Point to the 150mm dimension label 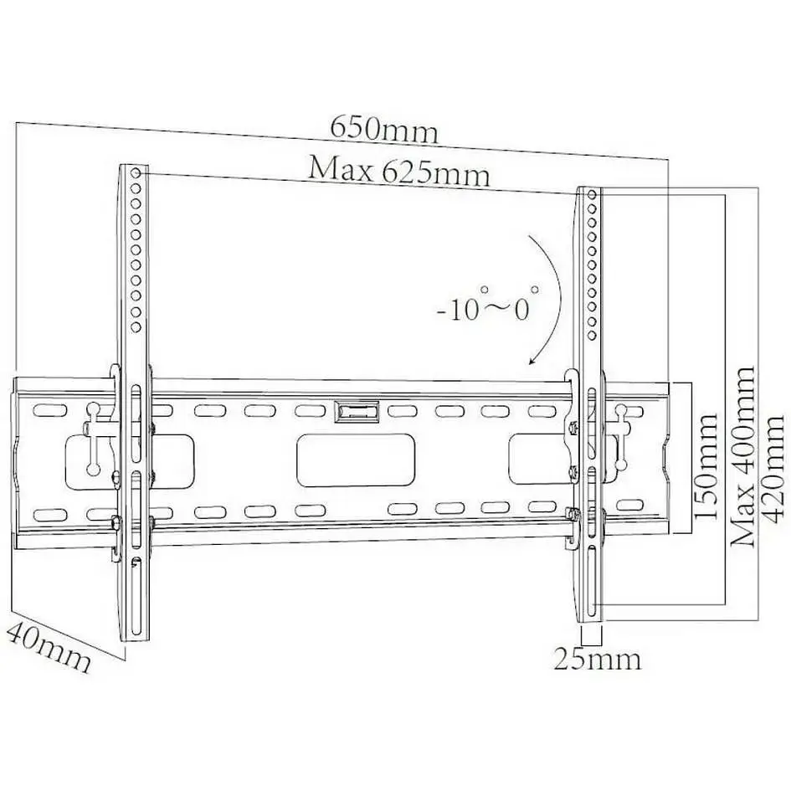[x=705, y=466]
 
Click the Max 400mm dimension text [x=742, y=456]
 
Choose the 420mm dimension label [x=771, y=468]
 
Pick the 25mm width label [x=598, y=659]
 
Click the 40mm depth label [x=49, y=647]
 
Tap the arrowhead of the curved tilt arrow [x=532, y=359]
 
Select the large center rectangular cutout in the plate [x=356, y=460]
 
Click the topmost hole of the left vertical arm [x=136, y=173]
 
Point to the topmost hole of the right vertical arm [x=593, y=194]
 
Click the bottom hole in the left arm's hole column [x=136, y=327]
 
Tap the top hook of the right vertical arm [x=572, y=383]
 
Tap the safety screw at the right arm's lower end [x=572, y=515]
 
